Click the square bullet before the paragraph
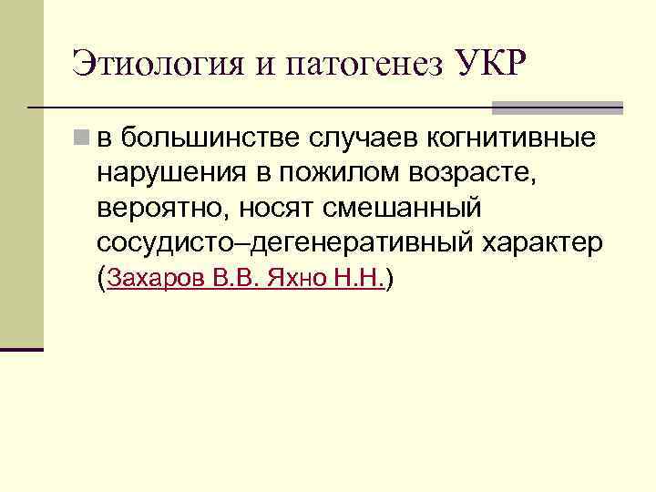[83, 138]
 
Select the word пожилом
[325, 173]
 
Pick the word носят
[280, 208]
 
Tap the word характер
[547, 242]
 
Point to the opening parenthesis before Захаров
[101, 278]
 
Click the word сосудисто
[170, 242]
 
